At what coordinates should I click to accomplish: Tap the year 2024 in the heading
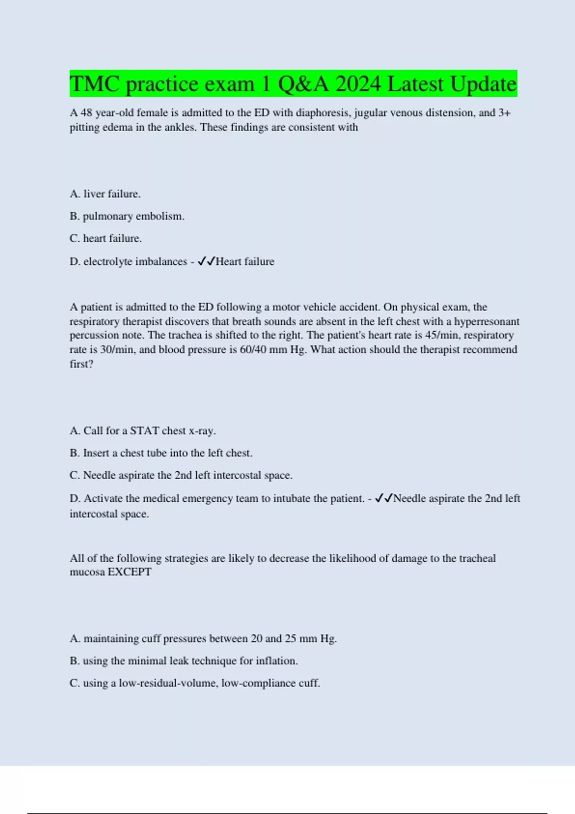358,84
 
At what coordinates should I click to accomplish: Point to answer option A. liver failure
105,194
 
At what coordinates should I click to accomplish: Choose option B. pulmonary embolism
127,216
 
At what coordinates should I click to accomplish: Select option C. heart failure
105,238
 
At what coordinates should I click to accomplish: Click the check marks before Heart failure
206,261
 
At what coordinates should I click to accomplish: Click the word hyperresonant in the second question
486,321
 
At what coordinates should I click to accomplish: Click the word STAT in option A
144,431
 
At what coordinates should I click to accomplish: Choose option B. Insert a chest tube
161,453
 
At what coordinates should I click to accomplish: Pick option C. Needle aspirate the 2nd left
181,475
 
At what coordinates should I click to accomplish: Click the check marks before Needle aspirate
384,498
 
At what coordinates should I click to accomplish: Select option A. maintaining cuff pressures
203,639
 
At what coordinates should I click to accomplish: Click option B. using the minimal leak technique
184,661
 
